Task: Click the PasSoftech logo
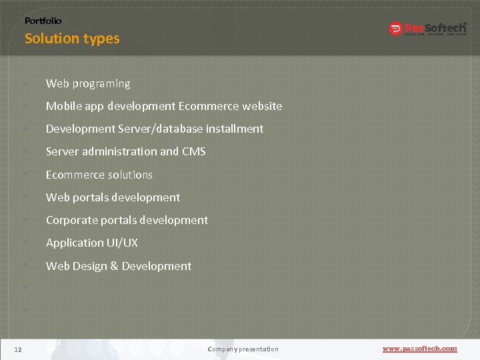(427, 29)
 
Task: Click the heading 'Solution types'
(72, 39)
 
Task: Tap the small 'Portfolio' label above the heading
(43, 21)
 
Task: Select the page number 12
(18, 349)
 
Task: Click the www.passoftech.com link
(419, 349)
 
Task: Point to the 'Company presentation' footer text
(243, 349)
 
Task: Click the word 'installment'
(235, 129)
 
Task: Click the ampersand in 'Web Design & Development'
(114, 266)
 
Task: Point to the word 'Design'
(89, 266)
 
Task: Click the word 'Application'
(73, 243)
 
